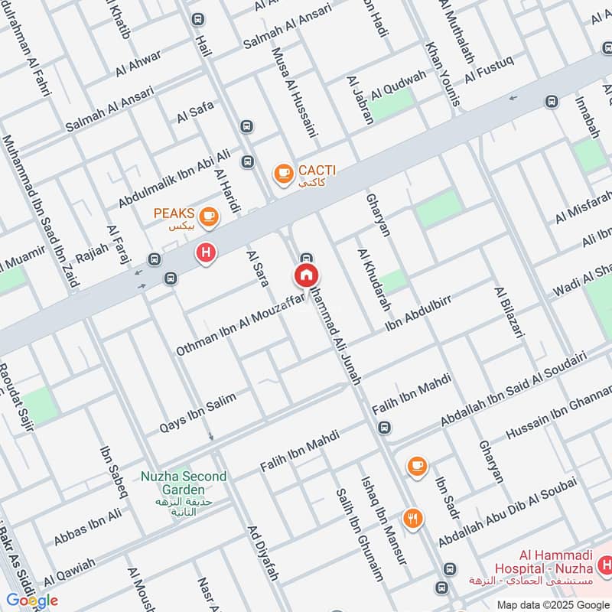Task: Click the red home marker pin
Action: point(306,276)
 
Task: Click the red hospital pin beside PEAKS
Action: point(205,252)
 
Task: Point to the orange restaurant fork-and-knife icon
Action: point(413,518)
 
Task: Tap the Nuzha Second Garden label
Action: point(184,483)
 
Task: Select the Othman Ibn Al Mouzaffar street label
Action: point(240,325)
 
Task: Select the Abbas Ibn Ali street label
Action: point(87,527)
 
